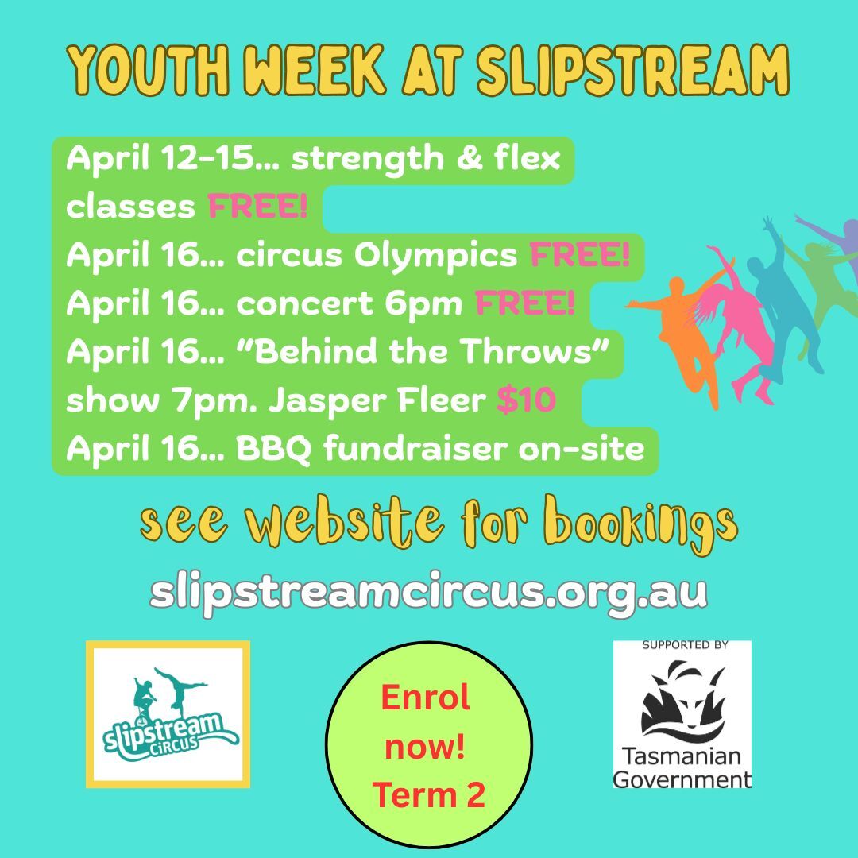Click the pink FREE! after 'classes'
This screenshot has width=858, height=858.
click(x=257, y=207)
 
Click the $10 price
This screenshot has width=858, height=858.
click(x=525, y=401)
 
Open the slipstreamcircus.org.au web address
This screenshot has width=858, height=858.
click(x=428, y=592)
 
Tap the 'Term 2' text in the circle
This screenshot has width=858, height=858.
click(x=428, y=794)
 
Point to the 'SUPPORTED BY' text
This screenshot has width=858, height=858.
click(x=682, y=646)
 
